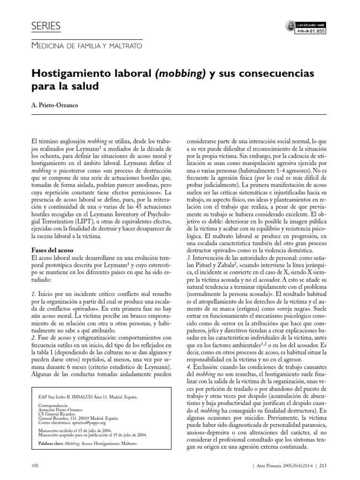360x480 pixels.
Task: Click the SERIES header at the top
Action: (x=45, y=27)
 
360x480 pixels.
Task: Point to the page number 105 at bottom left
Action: (x=35, y=465)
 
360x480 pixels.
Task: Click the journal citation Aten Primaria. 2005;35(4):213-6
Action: (x=285, y=465)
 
